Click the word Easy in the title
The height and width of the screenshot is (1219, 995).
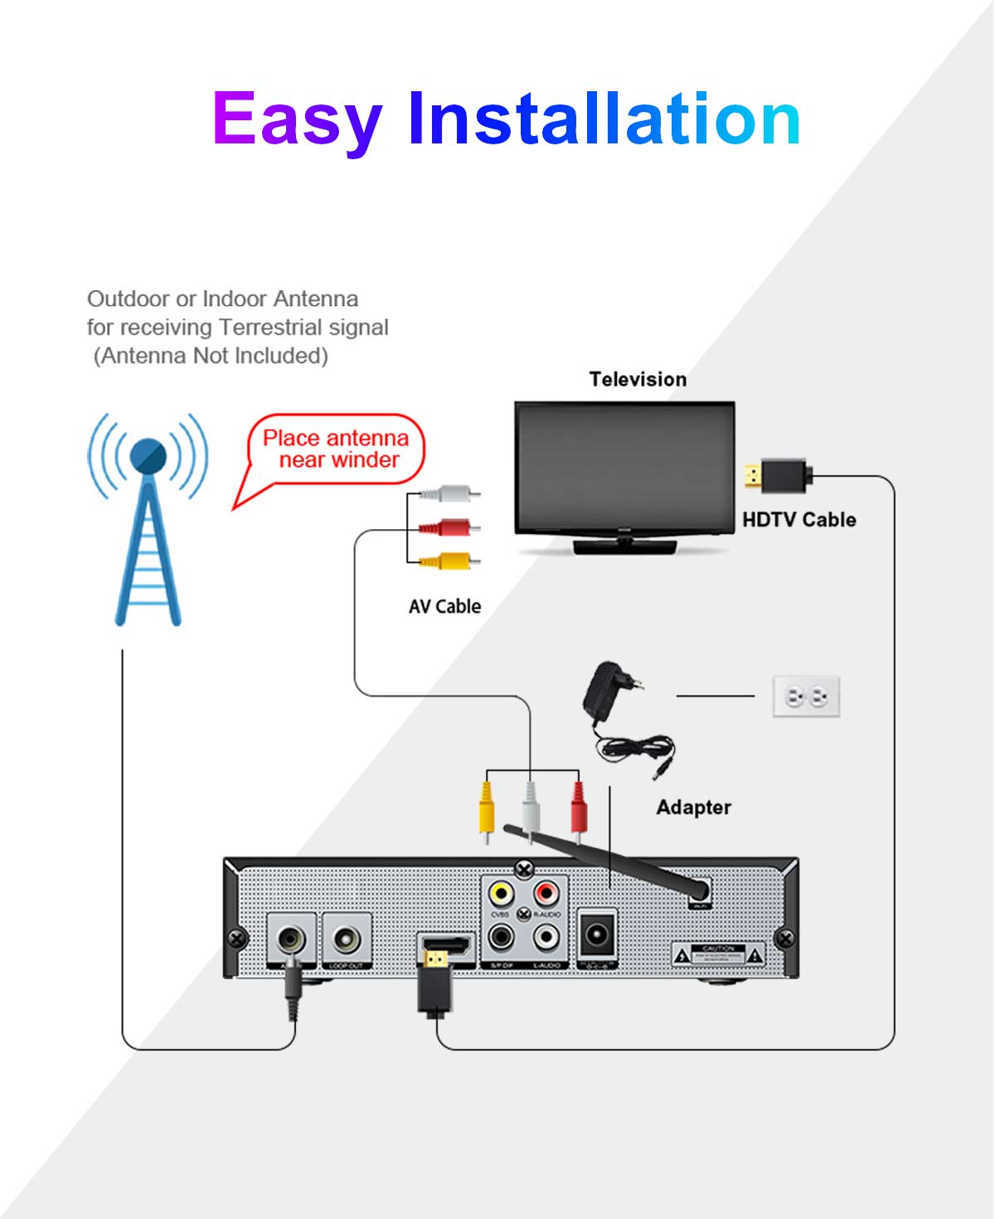297,120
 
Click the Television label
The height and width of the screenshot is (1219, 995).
638,380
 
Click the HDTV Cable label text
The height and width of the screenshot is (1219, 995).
798,520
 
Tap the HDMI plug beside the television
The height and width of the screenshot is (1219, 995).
779,476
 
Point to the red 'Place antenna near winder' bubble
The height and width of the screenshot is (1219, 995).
336,449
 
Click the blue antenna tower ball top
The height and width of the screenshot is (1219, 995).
148,455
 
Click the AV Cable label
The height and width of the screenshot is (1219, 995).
444,607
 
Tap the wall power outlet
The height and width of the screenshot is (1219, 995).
806,697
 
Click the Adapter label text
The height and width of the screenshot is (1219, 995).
693,808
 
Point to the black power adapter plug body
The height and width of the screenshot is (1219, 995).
603,692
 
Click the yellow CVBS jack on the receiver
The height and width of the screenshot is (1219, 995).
500,893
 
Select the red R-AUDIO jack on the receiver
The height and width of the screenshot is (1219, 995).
546,893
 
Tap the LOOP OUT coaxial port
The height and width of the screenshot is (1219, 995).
346,939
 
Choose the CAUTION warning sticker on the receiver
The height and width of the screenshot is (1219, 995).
718,954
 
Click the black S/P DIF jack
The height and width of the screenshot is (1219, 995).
501,937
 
